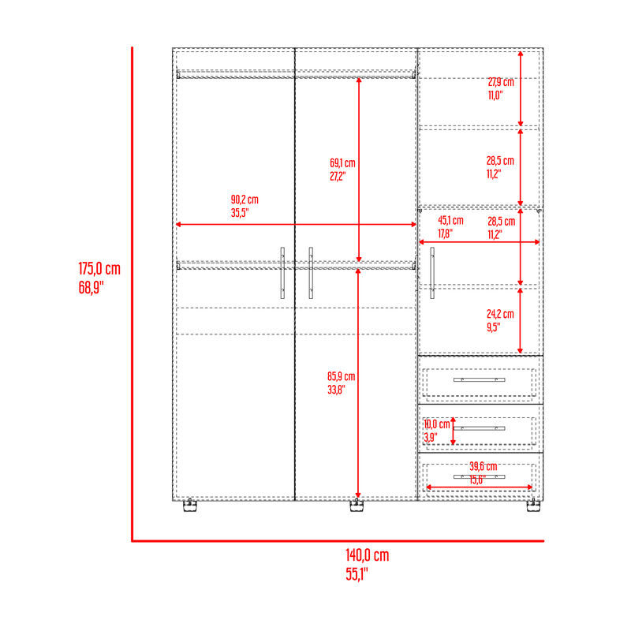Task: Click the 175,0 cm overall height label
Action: pos(99,269)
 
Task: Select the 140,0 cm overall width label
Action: pos(368,555)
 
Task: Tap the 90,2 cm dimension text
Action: pos(245,200)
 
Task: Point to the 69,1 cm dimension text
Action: pos(342,163)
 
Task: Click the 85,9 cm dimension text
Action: pos(342,376)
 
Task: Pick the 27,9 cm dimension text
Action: pos(501,82)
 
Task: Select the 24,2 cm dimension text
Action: pos(500,314)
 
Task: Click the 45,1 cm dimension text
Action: pos(450,221)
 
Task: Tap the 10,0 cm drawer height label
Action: pos(437,424)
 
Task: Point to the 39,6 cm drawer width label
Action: pos(484,466)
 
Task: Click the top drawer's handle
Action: pos(480,379)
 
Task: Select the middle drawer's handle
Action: pos(480,428)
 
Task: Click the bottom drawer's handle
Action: pos(480,477)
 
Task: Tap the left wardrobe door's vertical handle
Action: pos(282,273)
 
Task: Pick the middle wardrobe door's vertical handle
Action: pos(311,273)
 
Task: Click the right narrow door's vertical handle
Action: pos(432,273)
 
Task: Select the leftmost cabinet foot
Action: pos(190,506)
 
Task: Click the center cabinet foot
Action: pos(357,506)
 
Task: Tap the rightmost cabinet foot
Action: pos(534,506)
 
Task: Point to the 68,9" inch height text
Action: pos(91,288)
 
